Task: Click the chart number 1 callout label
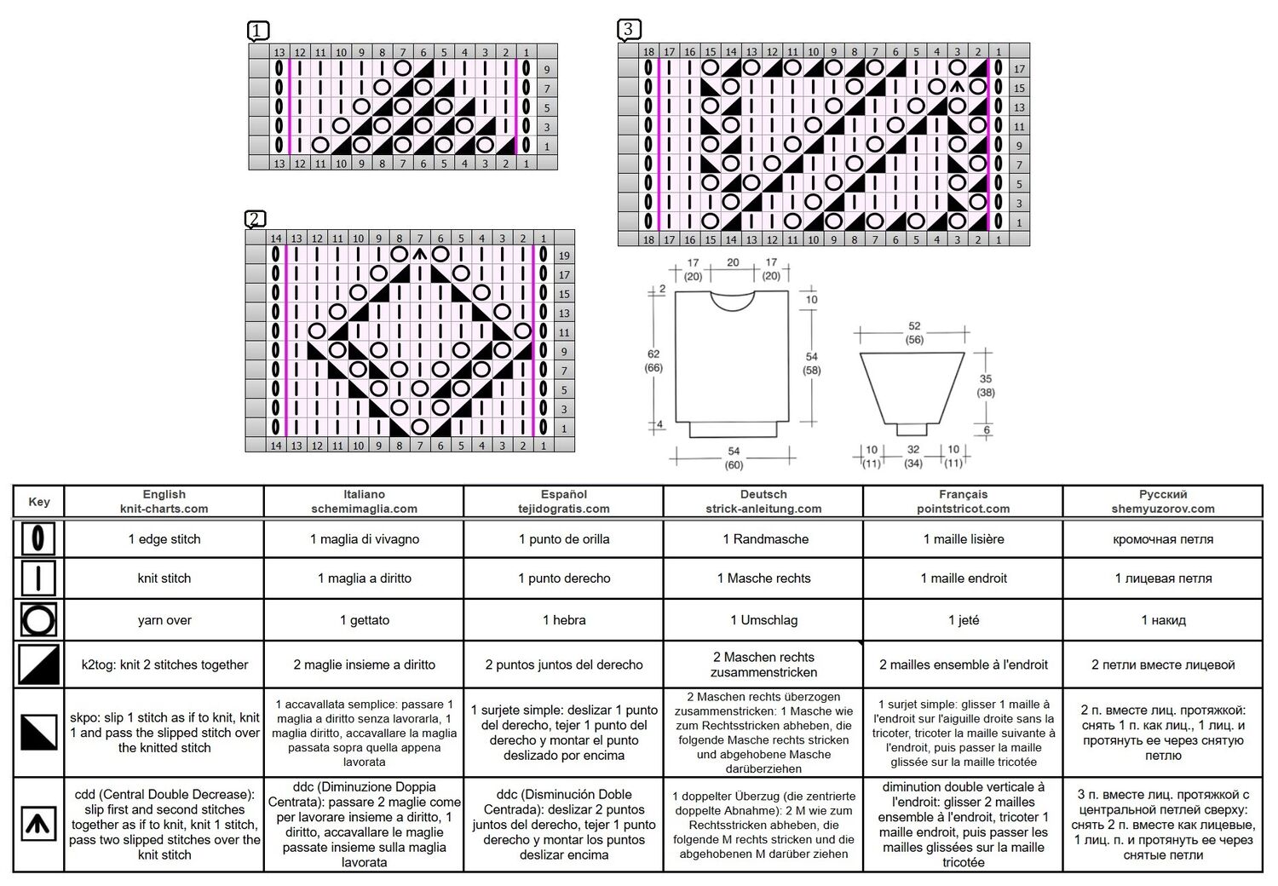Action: tap(258, 31)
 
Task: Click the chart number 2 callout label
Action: tap(255, 218)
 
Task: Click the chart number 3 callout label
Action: tap(629, 29)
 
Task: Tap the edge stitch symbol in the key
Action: tap(38, 538)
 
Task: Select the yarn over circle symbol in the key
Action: tap(38, 619)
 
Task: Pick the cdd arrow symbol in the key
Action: tap(38, 824)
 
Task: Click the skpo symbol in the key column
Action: tap(39, 732)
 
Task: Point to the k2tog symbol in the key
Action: tap(39, 664)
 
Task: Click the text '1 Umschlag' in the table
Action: tap(763, 620)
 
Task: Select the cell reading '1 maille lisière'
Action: tap(963, 539)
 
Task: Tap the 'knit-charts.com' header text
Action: tap(164, 509)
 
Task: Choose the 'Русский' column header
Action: tap(1163, 495)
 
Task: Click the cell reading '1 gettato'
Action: tap(365, 620)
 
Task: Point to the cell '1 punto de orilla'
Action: tap(564, 539)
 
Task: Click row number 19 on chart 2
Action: tap(564, 256)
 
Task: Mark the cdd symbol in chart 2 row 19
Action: tap(420, 254)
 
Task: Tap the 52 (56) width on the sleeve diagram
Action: tap(914, 332)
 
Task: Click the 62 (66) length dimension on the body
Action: tap(653, 360)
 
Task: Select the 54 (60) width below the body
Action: tap(734, 458)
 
